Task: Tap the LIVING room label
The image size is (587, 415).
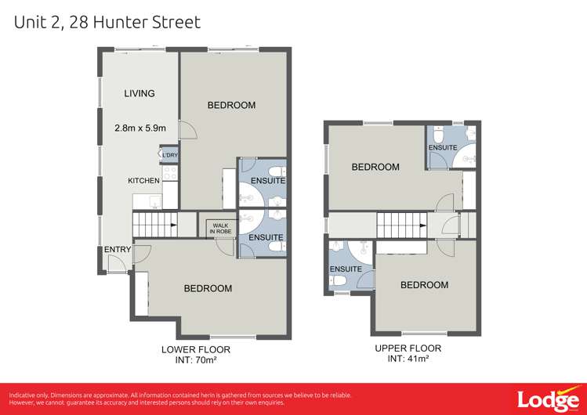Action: tap(140, 94)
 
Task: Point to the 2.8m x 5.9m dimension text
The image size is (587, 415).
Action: tap(140, 128)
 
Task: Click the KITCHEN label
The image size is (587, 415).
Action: tap(144, 181)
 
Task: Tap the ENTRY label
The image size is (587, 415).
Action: tap(118, 250)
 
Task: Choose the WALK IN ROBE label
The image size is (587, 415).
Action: tap(218, 228)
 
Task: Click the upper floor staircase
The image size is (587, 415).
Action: tap(401, 227)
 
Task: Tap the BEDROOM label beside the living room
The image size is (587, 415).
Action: tap(231, 106)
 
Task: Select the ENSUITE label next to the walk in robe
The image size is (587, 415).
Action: tap(266, 237)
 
